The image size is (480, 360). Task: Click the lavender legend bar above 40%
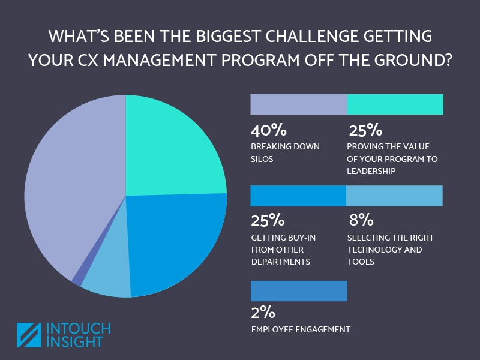[x=298, y=104]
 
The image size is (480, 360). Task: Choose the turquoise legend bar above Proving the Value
[x=395, y=104]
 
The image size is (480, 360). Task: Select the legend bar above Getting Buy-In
[x=298, y=196]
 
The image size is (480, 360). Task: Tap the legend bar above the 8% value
[x=395, y=196]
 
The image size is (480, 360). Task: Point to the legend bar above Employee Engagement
[x=298, y=291]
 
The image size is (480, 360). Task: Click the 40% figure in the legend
[x=269, y=130]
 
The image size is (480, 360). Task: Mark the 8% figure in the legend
[x=362, y=221]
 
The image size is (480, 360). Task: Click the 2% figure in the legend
[x=263, y=313]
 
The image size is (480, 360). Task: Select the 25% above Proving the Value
[x=365, y=130]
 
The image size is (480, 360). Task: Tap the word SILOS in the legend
[x=262, y=159]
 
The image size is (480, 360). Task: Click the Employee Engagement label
[x=300, y=329]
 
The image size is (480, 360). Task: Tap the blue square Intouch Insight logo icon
[x=28, y=335]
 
